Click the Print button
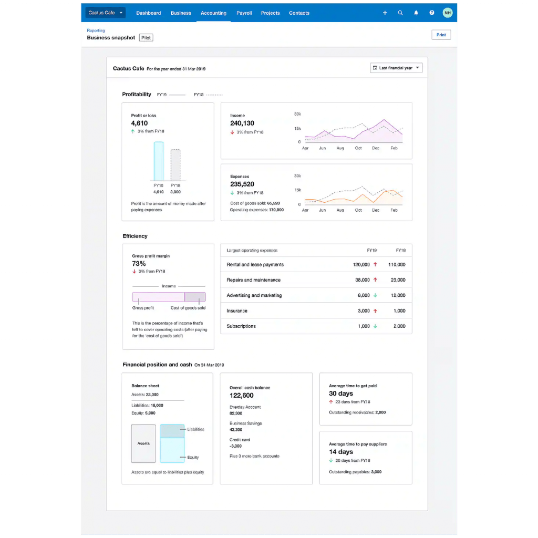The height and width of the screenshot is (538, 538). [x=441, y=35]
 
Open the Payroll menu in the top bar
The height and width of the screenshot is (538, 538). [x=244, y=13]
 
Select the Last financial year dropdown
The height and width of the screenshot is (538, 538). [x=396, y=68]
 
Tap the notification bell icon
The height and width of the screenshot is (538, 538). [x=416, y=13]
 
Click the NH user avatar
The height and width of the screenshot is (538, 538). [x=447, y=13]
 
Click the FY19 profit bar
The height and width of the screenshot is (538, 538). [x=158, y=161]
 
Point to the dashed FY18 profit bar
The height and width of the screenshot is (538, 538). [x=175, y=164]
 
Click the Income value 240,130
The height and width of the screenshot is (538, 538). [x=242, y=123]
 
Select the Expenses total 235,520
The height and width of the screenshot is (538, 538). [x=242, y=184]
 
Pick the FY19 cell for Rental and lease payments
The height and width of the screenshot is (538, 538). [x=361, y=265]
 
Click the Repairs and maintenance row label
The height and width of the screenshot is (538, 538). [x=253, y=280]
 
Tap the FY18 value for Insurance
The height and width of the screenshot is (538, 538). [x=399, y=311]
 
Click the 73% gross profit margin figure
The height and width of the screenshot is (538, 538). [x=139, y=264]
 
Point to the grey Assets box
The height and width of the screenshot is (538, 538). [x=143, y=443]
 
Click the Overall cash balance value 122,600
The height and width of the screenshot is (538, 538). [x=242, y=396]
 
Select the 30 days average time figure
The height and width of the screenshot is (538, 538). [x=341, y=394]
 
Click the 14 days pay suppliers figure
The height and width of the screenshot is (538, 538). [x=341, y=452]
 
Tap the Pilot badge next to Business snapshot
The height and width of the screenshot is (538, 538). [x=146, y=38]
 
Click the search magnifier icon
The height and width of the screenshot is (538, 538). [x=400, y=13]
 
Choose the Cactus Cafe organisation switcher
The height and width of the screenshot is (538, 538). [x=105, y=13]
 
